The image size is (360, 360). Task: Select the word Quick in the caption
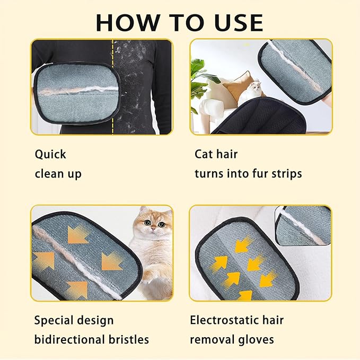(x=50, y=154)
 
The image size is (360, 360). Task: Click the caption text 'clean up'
(x=58, y=173)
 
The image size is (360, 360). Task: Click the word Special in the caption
(x=55, y=321)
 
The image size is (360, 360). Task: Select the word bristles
(x=130, y=340)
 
